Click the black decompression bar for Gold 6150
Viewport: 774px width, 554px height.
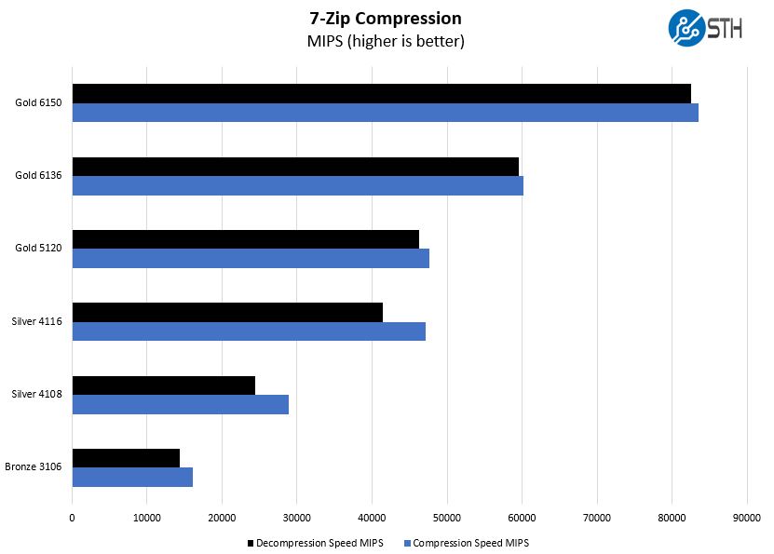tap(381, 93)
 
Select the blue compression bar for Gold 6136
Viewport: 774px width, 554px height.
tap(297, 185)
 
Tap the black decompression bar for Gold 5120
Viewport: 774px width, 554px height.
tap(245, 239)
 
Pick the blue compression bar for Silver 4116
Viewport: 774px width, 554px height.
tap(249, 331)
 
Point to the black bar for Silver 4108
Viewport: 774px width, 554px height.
tap(163, 385)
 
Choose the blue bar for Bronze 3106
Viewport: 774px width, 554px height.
tap(132, 477)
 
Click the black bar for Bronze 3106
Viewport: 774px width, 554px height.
tap(126, 458)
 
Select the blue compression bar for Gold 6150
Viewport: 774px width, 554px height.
tap(385, 113)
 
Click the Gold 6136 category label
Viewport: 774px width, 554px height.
tap(38, 175)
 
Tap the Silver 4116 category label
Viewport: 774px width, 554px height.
tap(36, 321)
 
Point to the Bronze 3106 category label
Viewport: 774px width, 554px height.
tap(34, 466)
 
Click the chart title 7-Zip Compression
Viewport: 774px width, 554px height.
tap(385, 19)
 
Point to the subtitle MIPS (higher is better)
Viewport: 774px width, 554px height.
tap(385, 41)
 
